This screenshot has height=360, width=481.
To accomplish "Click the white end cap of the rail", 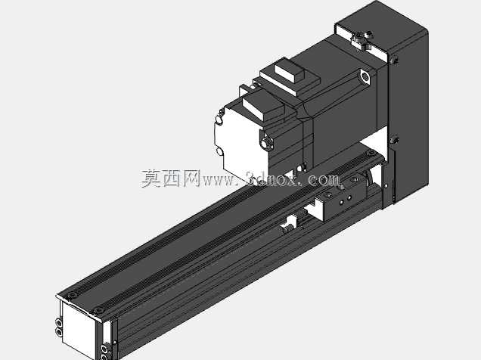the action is pos(78,328).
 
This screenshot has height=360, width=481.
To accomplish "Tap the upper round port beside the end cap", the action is pos(58,323).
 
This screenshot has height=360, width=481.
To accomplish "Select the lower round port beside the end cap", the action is pos(58,332).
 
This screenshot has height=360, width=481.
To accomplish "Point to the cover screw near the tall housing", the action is pos(371,153).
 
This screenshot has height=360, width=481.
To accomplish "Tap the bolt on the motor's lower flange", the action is pos(265,142).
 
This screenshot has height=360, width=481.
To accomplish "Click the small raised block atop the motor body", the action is pos(289,71).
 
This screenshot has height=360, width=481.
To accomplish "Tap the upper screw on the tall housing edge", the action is pos(394,60).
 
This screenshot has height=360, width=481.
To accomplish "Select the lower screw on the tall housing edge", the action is pos(394,140).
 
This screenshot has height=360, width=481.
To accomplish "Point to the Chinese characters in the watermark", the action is pos(171,178).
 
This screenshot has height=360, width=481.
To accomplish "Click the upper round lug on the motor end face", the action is pos(219,119).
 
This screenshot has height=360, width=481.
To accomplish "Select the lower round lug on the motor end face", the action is pos(219,151).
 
